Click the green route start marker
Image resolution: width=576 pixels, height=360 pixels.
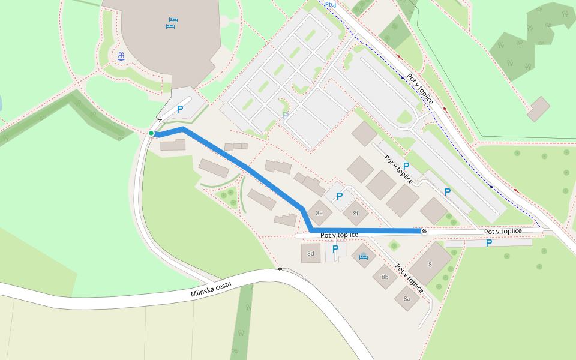tap(151, 133)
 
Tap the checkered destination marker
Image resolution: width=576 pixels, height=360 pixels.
tap(424, 231)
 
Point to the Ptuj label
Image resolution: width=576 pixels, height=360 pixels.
tap(330, 4)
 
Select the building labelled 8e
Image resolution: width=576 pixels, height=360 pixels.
tap(319, 213)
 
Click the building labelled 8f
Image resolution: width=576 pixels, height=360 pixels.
tap(356, 213)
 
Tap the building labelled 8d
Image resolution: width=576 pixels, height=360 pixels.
tap(311, 253)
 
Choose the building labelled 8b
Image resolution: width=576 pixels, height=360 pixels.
tap(385, 277)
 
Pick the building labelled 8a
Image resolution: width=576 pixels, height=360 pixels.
tap(407, 298)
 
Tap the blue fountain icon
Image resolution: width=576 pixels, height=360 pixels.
tap(121, 56)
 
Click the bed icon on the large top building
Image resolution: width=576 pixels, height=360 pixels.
tap(172, 23)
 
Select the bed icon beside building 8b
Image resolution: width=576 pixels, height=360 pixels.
tap(363, 256)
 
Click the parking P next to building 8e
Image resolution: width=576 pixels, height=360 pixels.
tap(339, 196)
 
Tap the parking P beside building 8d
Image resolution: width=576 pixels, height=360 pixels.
tap(335, 249)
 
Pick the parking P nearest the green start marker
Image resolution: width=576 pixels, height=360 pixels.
tap(179, 110)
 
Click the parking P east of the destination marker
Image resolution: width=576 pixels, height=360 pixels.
tap(489, 243)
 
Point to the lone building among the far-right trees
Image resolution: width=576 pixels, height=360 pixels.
tap(538, 109)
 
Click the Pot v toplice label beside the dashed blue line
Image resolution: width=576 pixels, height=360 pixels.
tap(420, 89)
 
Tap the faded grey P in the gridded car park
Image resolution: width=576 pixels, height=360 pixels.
tap(286, 115)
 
